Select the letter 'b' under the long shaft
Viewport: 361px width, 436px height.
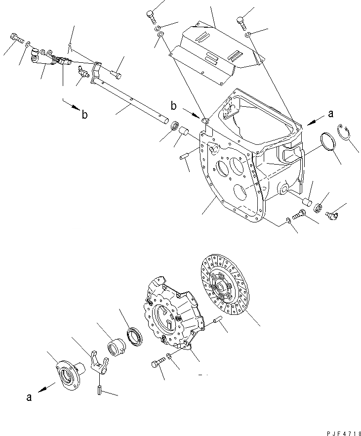point(85,115)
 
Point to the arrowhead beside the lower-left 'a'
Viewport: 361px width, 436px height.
point(45,388)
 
